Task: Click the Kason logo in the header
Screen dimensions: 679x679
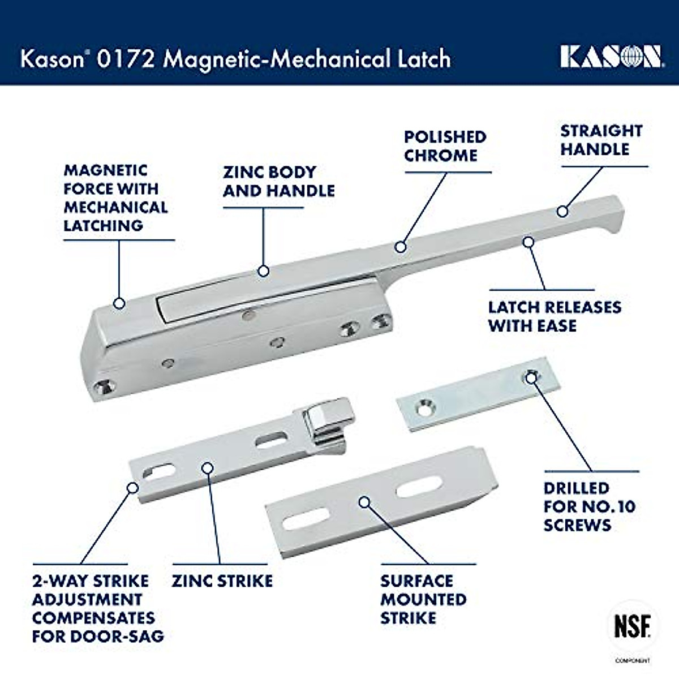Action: (611, 57)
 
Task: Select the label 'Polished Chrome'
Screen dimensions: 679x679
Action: (445, 146)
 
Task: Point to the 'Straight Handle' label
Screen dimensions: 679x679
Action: (601, 140)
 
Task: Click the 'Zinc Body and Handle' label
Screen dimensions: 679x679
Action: (278, 181)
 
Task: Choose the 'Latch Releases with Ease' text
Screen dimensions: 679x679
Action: (555, 316)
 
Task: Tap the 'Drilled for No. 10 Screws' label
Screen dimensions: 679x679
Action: (589, 506)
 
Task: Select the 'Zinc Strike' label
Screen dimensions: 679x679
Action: (222, 581)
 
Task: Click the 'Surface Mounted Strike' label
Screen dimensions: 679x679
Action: (423, 599)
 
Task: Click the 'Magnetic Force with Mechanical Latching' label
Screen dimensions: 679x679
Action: (115, 198)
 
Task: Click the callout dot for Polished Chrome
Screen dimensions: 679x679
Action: (401, 247)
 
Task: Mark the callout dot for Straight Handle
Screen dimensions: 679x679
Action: (562, 211)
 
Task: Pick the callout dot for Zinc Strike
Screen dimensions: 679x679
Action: (208, 468)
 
